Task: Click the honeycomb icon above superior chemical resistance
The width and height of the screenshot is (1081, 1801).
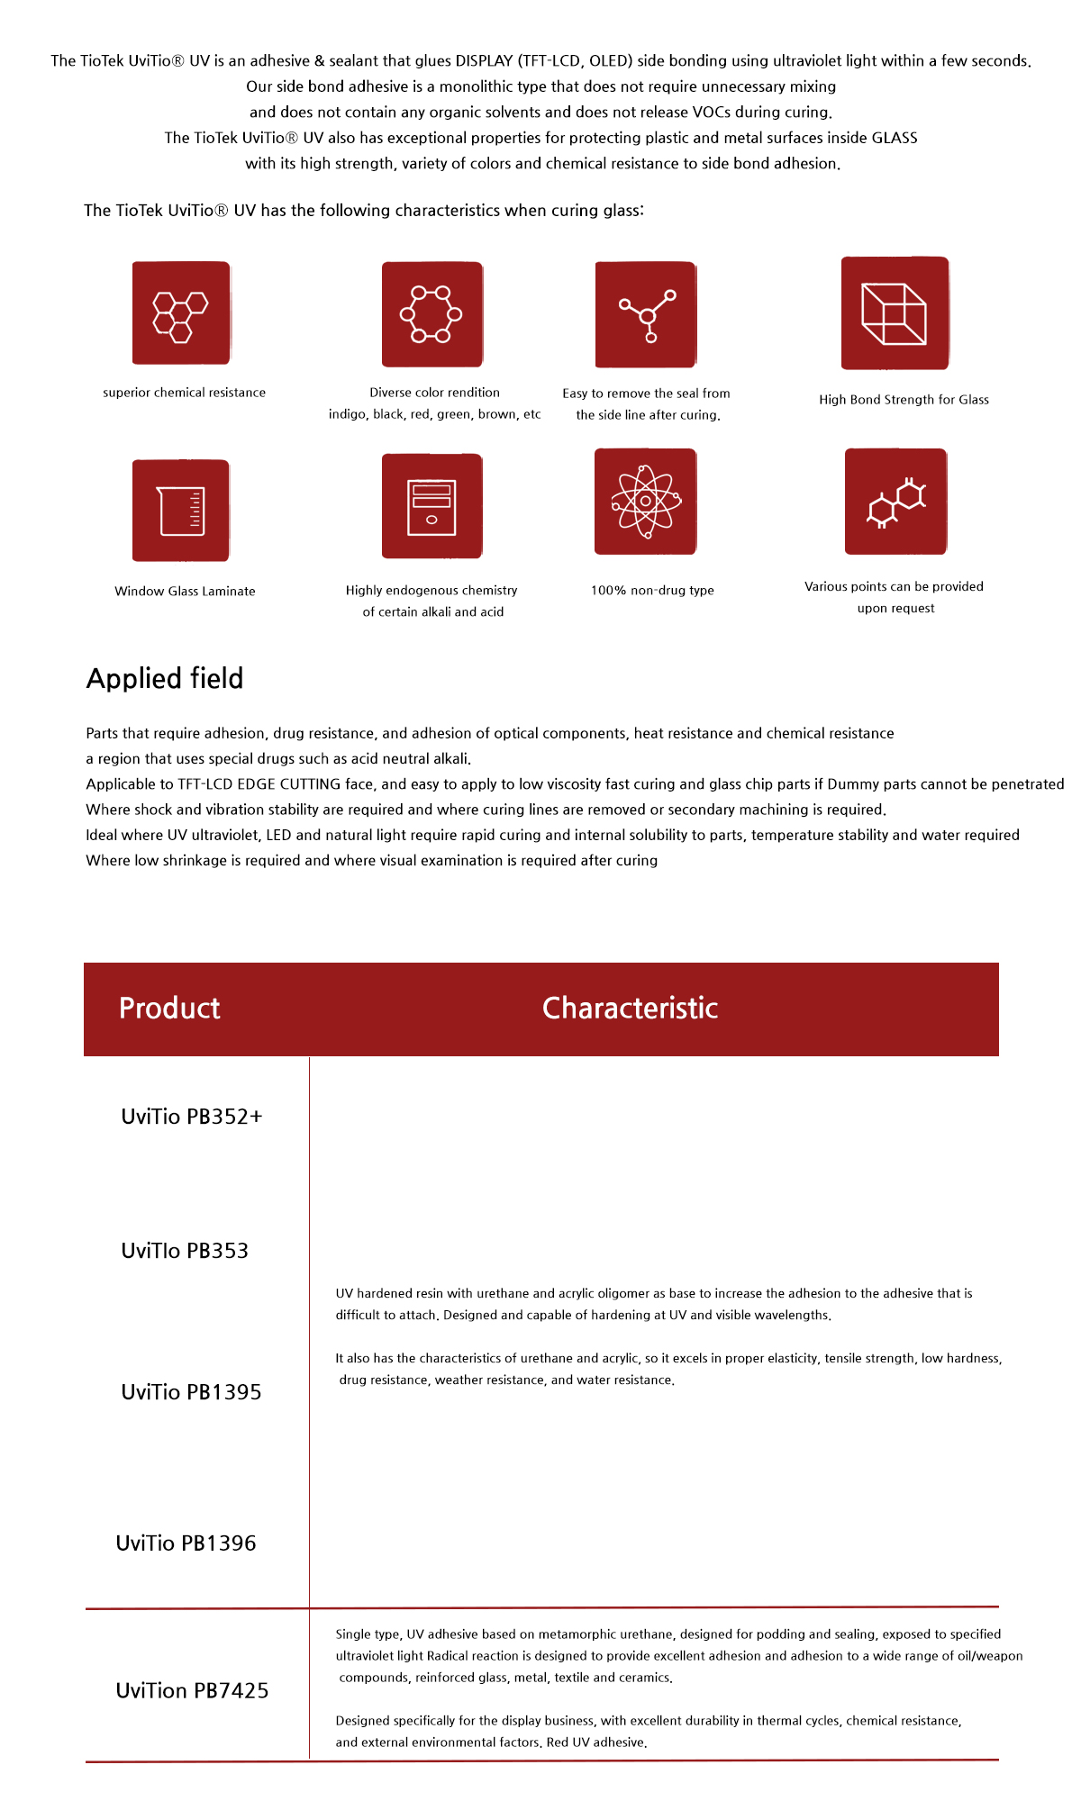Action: (x=181, y=313)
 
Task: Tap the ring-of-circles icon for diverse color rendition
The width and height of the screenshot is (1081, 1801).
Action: (x=431, y=314)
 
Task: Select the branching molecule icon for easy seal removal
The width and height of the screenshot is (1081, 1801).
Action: (x=646, y=314)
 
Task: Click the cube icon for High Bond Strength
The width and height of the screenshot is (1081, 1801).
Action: (x=895, y=313)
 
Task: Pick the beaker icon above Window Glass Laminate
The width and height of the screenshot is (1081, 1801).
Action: (x=181, y=511)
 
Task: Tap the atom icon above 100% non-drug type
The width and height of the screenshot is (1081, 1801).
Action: (x=646, y=502)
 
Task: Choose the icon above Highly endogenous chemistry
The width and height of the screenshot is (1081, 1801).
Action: (x=431, y=506)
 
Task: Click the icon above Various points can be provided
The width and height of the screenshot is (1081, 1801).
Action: (x=895, y=502)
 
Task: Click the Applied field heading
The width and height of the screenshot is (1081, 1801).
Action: (x=165, y=678)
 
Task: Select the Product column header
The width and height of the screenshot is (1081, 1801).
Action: (x=169, y=1009)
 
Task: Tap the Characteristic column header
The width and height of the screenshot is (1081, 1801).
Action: (x=630, y=1009)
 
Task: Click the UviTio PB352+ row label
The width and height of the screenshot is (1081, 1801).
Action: (x=192, y=1117)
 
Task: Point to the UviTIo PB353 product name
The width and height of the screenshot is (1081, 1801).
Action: (x=185, y=1251)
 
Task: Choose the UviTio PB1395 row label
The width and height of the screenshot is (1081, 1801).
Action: (x=191, y=1392)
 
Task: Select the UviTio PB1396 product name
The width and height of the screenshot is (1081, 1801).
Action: (x=186, y=1543)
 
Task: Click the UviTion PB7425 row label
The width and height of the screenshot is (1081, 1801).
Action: (x=192, y=1690)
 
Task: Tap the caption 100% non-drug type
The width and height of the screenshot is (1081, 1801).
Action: (x=652, y=591)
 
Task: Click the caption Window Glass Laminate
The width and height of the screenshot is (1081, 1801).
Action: (x=185, y=592)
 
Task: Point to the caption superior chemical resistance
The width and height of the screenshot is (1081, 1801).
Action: (x=184, y=393)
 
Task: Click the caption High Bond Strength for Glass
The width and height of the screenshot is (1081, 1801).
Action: (x=904, y=400)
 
